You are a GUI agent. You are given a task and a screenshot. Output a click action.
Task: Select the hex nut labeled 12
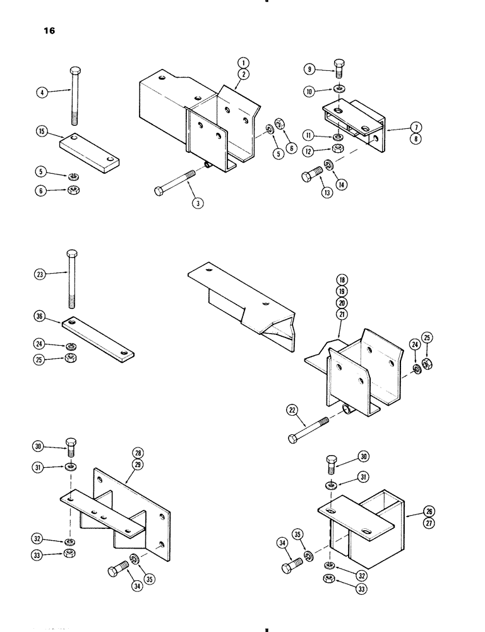pyautogui.click(x=337, y=149)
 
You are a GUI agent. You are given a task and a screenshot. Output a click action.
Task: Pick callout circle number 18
pyautogui.click(x=342, y=280)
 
